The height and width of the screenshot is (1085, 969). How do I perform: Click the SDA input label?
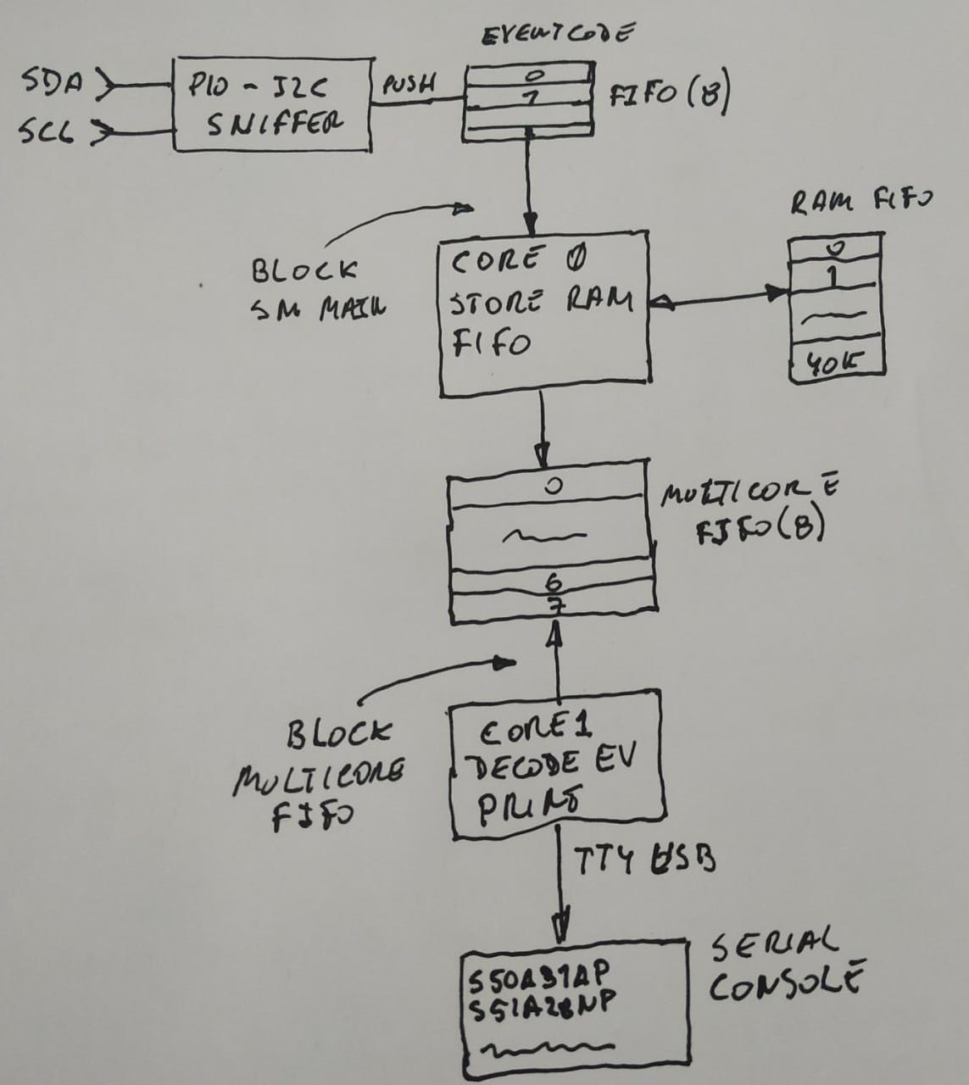[53, 83]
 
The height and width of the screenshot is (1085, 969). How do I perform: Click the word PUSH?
[409, 84]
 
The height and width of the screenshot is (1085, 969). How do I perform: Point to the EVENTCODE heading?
[556, 36]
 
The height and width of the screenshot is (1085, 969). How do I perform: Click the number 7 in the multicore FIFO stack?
[555, 604]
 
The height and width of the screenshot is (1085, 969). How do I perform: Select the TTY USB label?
[644, 861]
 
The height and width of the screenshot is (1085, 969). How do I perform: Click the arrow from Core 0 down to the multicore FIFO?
[543, 432]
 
